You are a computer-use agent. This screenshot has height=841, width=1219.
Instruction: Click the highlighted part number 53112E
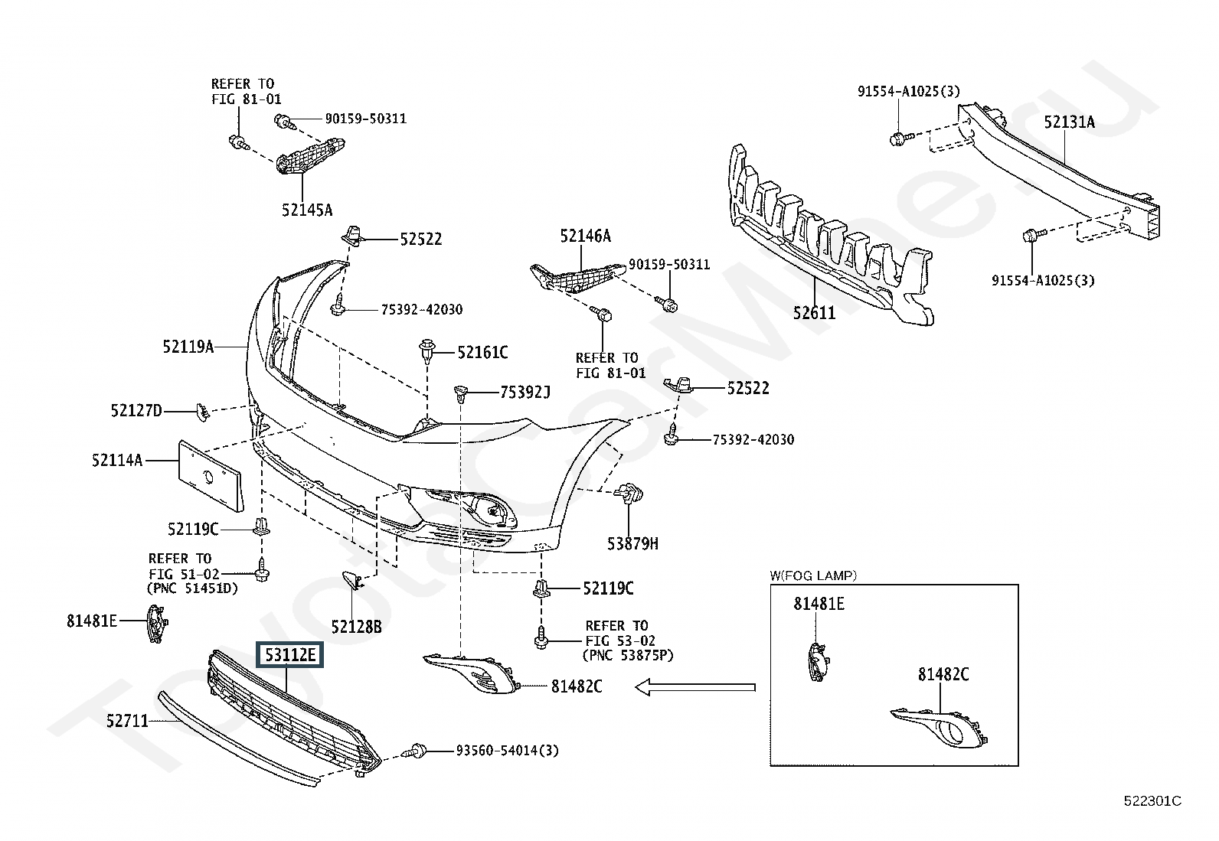[290, 655]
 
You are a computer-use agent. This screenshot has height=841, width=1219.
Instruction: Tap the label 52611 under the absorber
[814, 313]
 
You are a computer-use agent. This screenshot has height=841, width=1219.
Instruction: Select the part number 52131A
[1070, 122]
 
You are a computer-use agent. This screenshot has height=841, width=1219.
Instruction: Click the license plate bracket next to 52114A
[211, 477]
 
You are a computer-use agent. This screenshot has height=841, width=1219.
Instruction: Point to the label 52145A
[307, 210]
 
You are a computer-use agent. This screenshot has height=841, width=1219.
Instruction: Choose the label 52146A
[586, 236]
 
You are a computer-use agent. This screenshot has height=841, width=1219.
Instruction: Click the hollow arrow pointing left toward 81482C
[695, 688]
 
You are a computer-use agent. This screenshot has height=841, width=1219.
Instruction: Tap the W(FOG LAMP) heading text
[814, 575]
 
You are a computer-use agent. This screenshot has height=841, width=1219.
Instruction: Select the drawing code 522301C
[1152, 801]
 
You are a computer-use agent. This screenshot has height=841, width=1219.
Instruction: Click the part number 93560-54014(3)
[507, 751]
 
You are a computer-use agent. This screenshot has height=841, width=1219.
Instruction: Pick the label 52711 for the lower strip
[127, 721]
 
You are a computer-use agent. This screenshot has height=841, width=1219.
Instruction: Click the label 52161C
[482, 353]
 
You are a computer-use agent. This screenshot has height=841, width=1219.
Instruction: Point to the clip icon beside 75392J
[461, 393]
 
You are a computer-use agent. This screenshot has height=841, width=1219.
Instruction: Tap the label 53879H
[632, 543]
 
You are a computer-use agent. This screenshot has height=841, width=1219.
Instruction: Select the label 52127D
[136, 411]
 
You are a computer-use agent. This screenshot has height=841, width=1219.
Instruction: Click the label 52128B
[357, 627]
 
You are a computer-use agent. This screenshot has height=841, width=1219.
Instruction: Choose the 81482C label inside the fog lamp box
[943, 674]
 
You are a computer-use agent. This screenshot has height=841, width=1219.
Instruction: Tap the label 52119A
[188, 347]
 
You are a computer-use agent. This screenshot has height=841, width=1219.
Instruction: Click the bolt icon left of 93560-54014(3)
[414, 751]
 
